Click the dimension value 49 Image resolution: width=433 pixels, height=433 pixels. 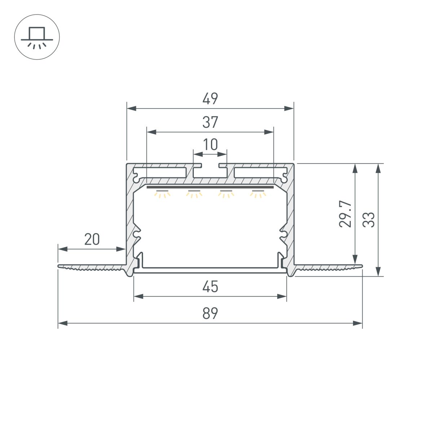(210, 99)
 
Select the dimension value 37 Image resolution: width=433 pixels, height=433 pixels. (210, 122)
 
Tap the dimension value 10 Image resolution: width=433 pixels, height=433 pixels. (210, 145)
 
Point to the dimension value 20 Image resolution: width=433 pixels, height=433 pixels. (92, 239)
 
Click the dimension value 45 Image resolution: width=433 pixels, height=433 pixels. (210, 287)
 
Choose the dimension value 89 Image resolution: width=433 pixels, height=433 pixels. (210, 313)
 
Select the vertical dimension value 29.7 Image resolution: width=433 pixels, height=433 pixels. (346, 214)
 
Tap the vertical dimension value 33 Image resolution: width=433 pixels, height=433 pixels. (369, 219)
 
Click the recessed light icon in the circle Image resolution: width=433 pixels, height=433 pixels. (37, 37)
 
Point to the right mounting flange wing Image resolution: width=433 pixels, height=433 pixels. (328, 267)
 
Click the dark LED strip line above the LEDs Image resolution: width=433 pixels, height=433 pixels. (210, 187)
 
